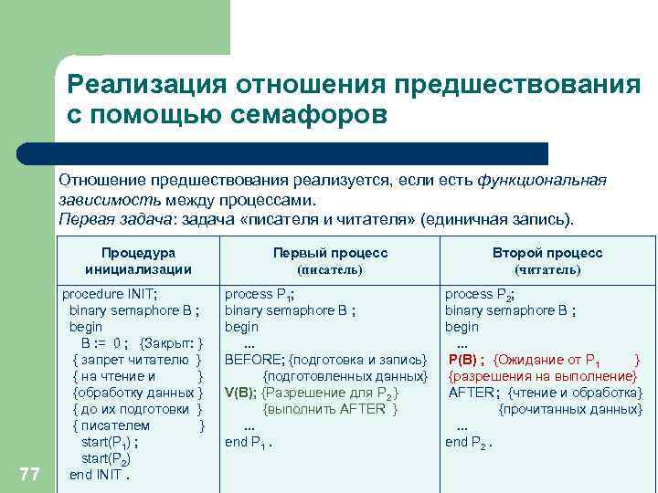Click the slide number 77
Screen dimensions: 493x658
[29, 473]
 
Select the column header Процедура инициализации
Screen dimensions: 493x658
[138, 261]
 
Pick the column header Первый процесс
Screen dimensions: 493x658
[330, 253]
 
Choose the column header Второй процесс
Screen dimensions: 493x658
[547, 253]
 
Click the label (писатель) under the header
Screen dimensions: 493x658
[330, 270]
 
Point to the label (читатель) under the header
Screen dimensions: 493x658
[547, 270]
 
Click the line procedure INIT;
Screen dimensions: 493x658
[109, 294]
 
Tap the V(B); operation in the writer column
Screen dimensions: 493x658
[240, 393]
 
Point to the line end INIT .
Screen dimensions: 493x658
[100, 475]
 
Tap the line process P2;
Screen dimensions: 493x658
[478, 294]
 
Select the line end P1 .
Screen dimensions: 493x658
[249, 442]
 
